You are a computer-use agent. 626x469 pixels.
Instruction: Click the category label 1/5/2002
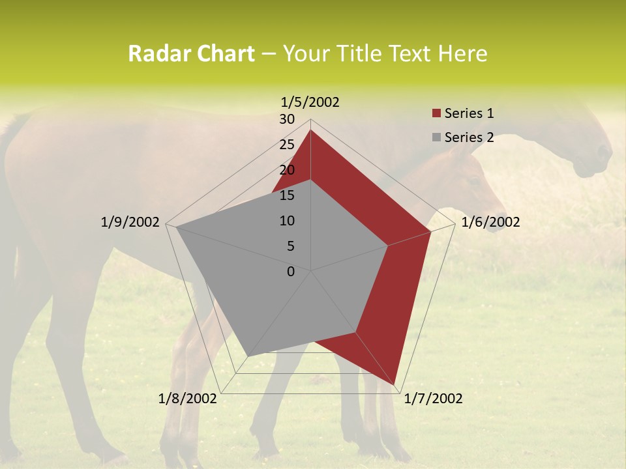tap(310, 102)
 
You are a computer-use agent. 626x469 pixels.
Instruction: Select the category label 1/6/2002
tap(490, 222)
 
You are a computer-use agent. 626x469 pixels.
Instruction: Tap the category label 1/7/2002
tap(433, 399)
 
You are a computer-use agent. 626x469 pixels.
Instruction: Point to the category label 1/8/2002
tap(188, 399)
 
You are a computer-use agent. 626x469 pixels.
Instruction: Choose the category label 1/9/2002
tap(130, 222)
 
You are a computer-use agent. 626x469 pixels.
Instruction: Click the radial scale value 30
tap(287, 119)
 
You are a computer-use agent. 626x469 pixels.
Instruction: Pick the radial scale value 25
tap(287, 145)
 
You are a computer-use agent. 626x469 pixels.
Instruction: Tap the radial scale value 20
tap(287, 170)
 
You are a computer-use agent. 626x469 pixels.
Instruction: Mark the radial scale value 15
tap(287, 195)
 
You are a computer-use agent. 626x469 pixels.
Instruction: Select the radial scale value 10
tap(287, 221)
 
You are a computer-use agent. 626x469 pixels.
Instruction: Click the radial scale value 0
tap(291, 272)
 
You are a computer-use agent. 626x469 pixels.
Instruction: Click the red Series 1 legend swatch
tap(436, 113)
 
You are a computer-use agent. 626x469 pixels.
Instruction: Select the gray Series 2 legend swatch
tap(436, 137)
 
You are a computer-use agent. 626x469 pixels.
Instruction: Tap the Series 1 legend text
tap(469, 113)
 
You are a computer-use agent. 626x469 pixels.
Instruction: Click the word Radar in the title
tap(159, 53)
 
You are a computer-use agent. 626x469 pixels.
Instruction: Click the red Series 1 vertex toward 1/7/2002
tap(395, 384)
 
